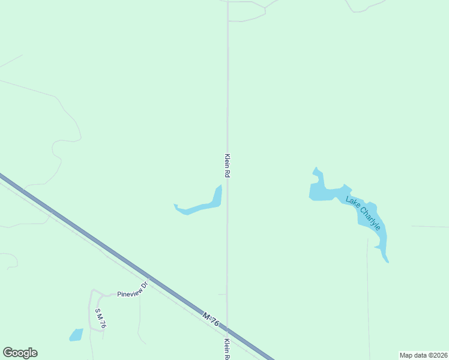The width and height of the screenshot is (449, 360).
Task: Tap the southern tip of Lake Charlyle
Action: [387, 260]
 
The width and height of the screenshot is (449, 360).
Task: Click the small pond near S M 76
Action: [76, 335]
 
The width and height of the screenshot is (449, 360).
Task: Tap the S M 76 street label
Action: [100, 318]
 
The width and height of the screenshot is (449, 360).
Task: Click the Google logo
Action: [20, 353]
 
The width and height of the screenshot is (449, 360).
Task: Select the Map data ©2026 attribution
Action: [423, 355]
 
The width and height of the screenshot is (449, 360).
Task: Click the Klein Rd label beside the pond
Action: [228, 165]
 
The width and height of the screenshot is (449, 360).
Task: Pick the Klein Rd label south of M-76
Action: [228, 349]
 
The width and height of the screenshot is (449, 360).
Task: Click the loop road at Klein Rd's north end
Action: [246, 11]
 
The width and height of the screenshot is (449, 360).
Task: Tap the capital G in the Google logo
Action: [8, 353]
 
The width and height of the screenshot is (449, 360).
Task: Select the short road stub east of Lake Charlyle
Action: [429, 227]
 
